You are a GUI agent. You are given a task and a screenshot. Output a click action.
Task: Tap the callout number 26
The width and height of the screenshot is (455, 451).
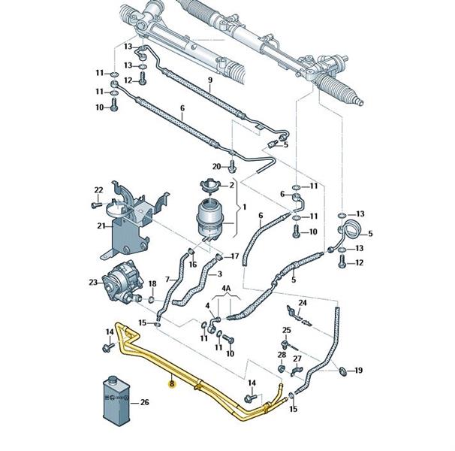(x=145, y=403)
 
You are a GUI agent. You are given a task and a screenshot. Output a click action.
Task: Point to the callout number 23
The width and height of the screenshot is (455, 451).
(x=93, y=283)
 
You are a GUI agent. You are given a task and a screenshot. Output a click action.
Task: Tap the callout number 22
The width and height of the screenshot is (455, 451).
(x=98, y=189)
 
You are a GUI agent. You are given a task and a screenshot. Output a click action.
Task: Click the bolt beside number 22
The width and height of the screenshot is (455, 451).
(x=96, y=204)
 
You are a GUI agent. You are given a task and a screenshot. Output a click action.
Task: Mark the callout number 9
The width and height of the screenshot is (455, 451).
(x=209, y=80)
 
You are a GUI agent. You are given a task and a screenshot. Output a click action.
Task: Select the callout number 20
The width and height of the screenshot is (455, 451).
(x=216, y=166)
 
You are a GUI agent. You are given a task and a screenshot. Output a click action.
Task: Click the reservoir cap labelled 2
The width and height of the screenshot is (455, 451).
(x=207, y=185)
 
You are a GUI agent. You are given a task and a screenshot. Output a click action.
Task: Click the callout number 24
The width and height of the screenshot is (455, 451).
(x=303, y=303)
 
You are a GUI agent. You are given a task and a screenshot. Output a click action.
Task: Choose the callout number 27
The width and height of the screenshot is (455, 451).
(x=297, y=359)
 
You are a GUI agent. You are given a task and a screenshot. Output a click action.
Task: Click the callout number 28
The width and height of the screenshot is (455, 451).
(x=282, y=354)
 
